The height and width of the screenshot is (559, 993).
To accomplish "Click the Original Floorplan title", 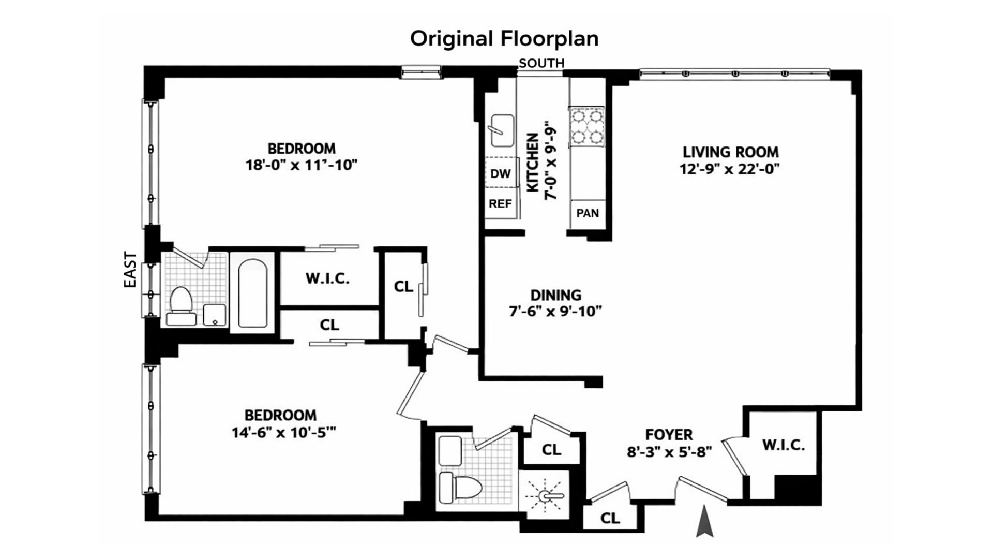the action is pyautogui.click(x=504, y=39).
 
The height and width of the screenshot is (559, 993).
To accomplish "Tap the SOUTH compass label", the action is pyautogui.click(x=541, y=63).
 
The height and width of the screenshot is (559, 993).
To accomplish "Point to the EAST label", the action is pyautogui.click(x=130, y=270).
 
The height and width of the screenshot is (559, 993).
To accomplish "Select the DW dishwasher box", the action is pyautogui.click(x=501, y=174).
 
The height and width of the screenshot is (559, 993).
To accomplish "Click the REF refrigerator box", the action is pyautogui.click(x=500, y=204).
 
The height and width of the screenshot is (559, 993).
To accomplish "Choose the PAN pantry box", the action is pyautogui.click(x=588, y=213).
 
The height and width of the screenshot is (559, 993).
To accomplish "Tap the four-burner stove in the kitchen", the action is pyautogui.click(x=587, y=126).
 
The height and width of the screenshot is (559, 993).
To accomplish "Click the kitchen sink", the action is pyautogui.click(x=502, y=130).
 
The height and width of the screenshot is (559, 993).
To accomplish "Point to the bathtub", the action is pyautogui.click(x=253, y=293).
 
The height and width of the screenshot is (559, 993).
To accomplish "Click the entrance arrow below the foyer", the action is pyautogui.click(x=704, y=522).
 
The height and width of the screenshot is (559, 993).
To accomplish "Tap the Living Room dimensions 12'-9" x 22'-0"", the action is pyautogui.click(x=730, y=169).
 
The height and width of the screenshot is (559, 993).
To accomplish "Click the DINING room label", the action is pyautogui.click(x=556, y=295).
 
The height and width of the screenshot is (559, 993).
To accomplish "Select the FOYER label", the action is pyautogui.click(x=669, y=435).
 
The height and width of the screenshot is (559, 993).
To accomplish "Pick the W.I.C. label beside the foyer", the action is pyautogui.click(x=784, y=445).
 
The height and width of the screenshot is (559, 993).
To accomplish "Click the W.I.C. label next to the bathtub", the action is pyautogui.click(x=327, y=278).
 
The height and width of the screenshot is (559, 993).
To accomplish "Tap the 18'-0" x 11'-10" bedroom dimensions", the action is pyautogui.click(x=302, y=165).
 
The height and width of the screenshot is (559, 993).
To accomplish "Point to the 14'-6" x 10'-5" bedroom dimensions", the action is pyautogui.click(x=284, y=432).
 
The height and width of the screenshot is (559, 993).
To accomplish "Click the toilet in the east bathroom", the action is pyautogui.click(x=181, y=305).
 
